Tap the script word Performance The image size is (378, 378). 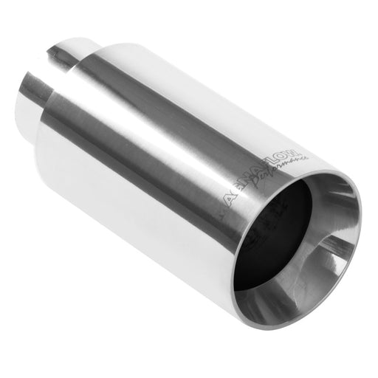pyautogui.click(x=289, y=174)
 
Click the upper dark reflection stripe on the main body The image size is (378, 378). pyautogui.click(x=170, y=103)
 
